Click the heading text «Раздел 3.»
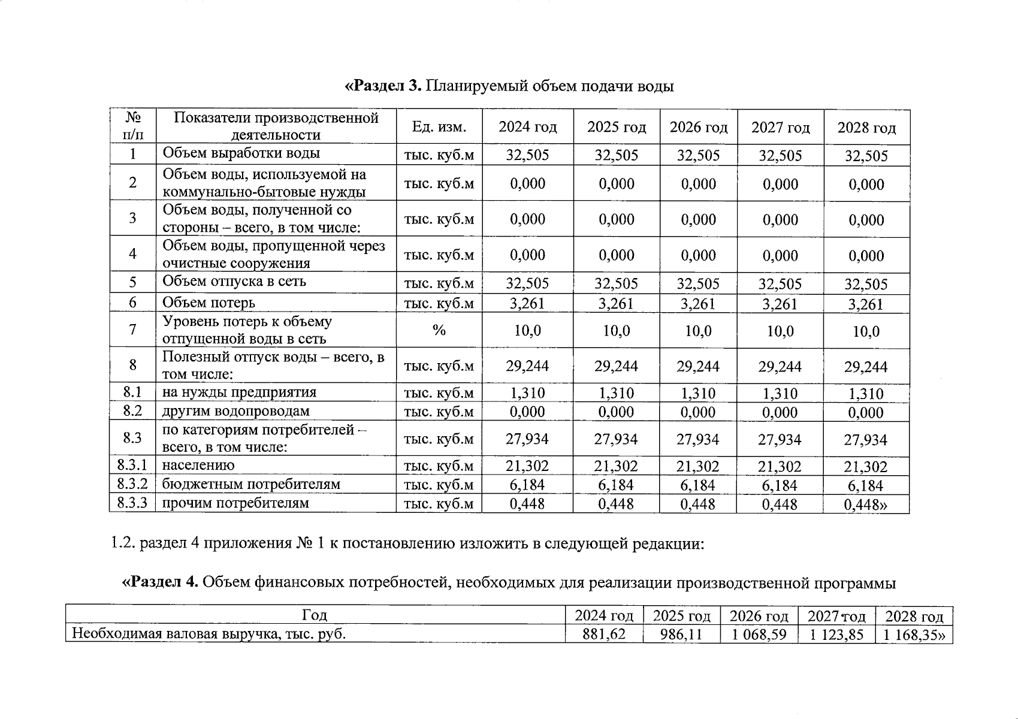384,86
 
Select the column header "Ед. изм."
439,128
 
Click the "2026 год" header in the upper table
698,128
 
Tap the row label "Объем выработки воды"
241,153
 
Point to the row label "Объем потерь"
209,303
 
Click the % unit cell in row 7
439,330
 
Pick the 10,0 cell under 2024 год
527,331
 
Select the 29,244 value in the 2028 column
866,367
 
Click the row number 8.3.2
132,484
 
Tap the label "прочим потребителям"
235,503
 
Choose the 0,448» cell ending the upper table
866,504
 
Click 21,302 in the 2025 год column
616,466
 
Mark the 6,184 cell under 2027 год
780,485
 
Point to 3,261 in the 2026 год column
698,304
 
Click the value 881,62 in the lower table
604,635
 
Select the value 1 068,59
759,635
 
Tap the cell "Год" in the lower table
315,615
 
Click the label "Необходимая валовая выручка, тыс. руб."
209,635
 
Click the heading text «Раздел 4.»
161,582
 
